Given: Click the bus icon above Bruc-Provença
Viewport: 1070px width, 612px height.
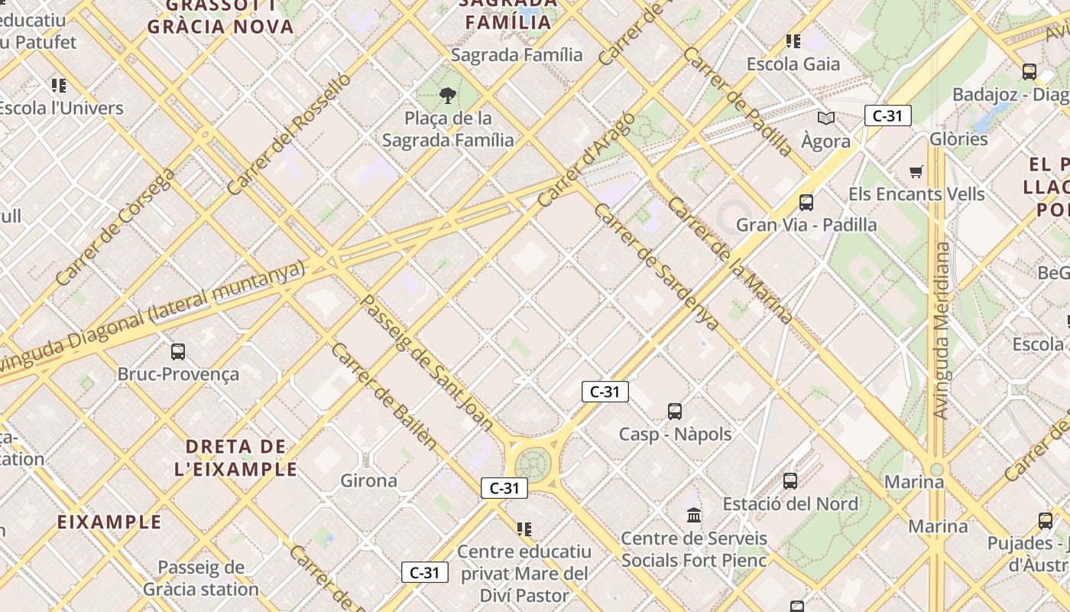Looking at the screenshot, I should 177,352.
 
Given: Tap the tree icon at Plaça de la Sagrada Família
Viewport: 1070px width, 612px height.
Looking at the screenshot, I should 448,96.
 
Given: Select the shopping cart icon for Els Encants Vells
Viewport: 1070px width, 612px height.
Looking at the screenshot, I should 916,171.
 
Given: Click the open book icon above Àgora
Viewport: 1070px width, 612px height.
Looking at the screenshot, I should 825,118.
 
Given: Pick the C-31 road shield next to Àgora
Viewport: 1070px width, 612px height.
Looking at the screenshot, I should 887,116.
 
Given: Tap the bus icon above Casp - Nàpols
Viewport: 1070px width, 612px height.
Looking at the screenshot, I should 675,412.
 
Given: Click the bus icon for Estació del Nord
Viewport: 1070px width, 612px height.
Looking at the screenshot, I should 790,481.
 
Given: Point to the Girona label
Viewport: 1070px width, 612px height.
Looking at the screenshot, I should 368,480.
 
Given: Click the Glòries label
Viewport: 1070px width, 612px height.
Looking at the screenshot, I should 958,139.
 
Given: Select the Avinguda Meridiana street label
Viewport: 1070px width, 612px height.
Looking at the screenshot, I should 942,330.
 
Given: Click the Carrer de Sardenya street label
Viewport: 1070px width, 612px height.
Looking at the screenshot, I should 656,267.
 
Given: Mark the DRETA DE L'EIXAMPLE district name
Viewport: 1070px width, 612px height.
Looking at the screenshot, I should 235,457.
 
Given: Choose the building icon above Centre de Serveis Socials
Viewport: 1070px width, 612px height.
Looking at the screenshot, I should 694,515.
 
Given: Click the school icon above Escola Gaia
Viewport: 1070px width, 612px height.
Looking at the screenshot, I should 793,41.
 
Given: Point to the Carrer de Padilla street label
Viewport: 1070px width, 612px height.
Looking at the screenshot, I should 738,102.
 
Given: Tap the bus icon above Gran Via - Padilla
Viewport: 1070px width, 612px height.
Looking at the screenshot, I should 806,203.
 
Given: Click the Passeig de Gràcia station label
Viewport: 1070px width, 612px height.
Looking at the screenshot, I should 200,578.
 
